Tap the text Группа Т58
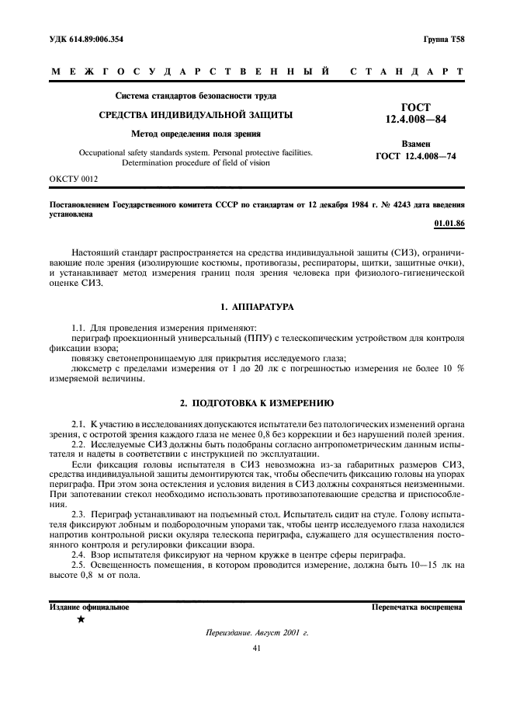click(444, 38)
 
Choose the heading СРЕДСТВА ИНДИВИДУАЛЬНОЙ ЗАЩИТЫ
click(195, 115)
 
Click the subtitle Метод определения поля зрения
click(195, 134)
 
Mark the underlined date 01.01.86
click(449, 224)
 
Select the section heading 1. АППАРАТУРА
click(256, 285)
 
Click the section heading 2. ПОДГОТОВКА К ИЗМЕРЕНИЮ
click(256, 404)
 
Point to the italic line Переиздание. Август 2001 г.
click(256, 633)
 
